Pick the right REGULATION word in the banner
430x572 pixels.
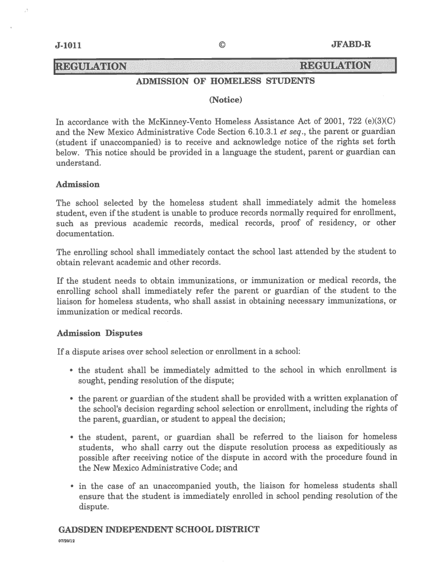[x=336, y=66]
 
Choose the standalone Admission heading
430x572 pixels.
[x=78, y=184]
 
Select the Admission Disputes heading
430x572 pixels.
[x=100, y=333]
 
